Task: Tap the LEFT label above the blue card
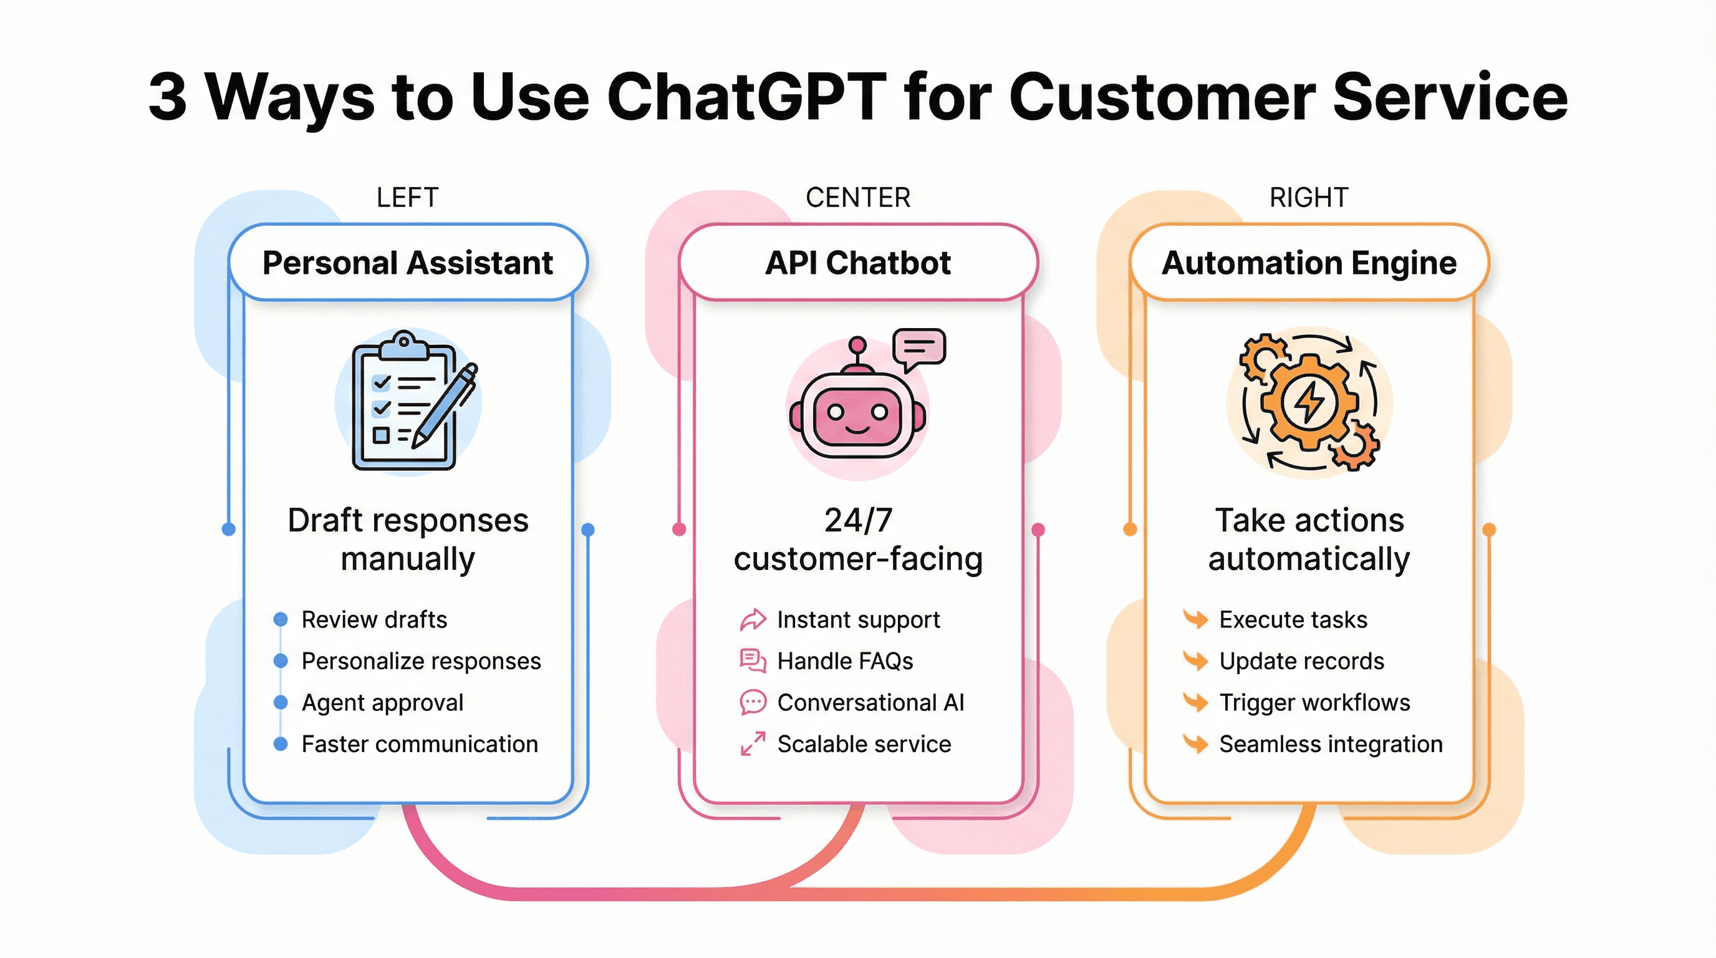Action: pos(407,198)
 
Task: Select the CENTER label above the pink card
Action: pos(857,198)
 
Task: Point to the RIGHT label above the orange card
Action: pos(1308,198)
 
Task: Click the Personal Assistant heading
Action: pos(407,263)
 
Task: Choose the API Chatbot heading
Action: pos(857,263)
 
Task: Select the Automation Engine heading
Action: pos(1308,263)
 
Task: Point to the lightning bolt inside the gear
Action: pos(1309,402)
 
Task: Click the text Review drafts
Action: pos(374,619)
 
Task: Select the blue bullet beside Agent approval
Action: pos(281,702)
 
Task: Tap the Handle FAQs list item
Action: pos(845,661)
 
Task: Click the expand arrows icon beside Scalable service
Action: pos(753,743)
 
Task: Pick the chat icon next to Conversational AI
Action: pos(753,702)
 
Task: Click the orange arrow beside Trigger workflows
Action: pos(1196,702)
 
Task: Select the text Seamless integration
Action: pos(1330,743)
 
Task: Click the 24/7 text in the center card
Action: pos(857,520)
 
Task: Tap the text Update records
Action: pos(1301,661)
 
